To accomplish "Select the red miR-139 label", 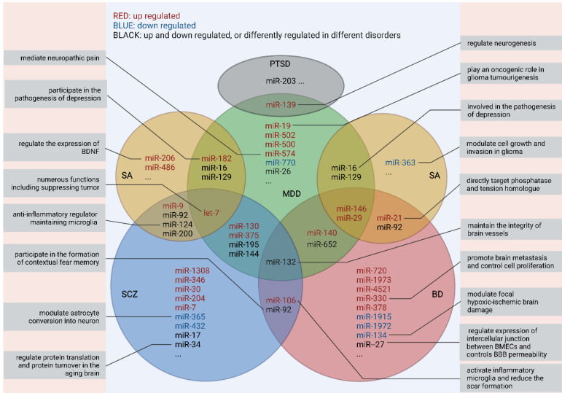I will (281, 105).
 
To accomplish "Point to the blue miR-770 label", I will (280, 163).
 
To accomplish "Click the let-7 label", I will (211, 213).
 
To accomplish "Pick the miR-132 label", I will (281, 261).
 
